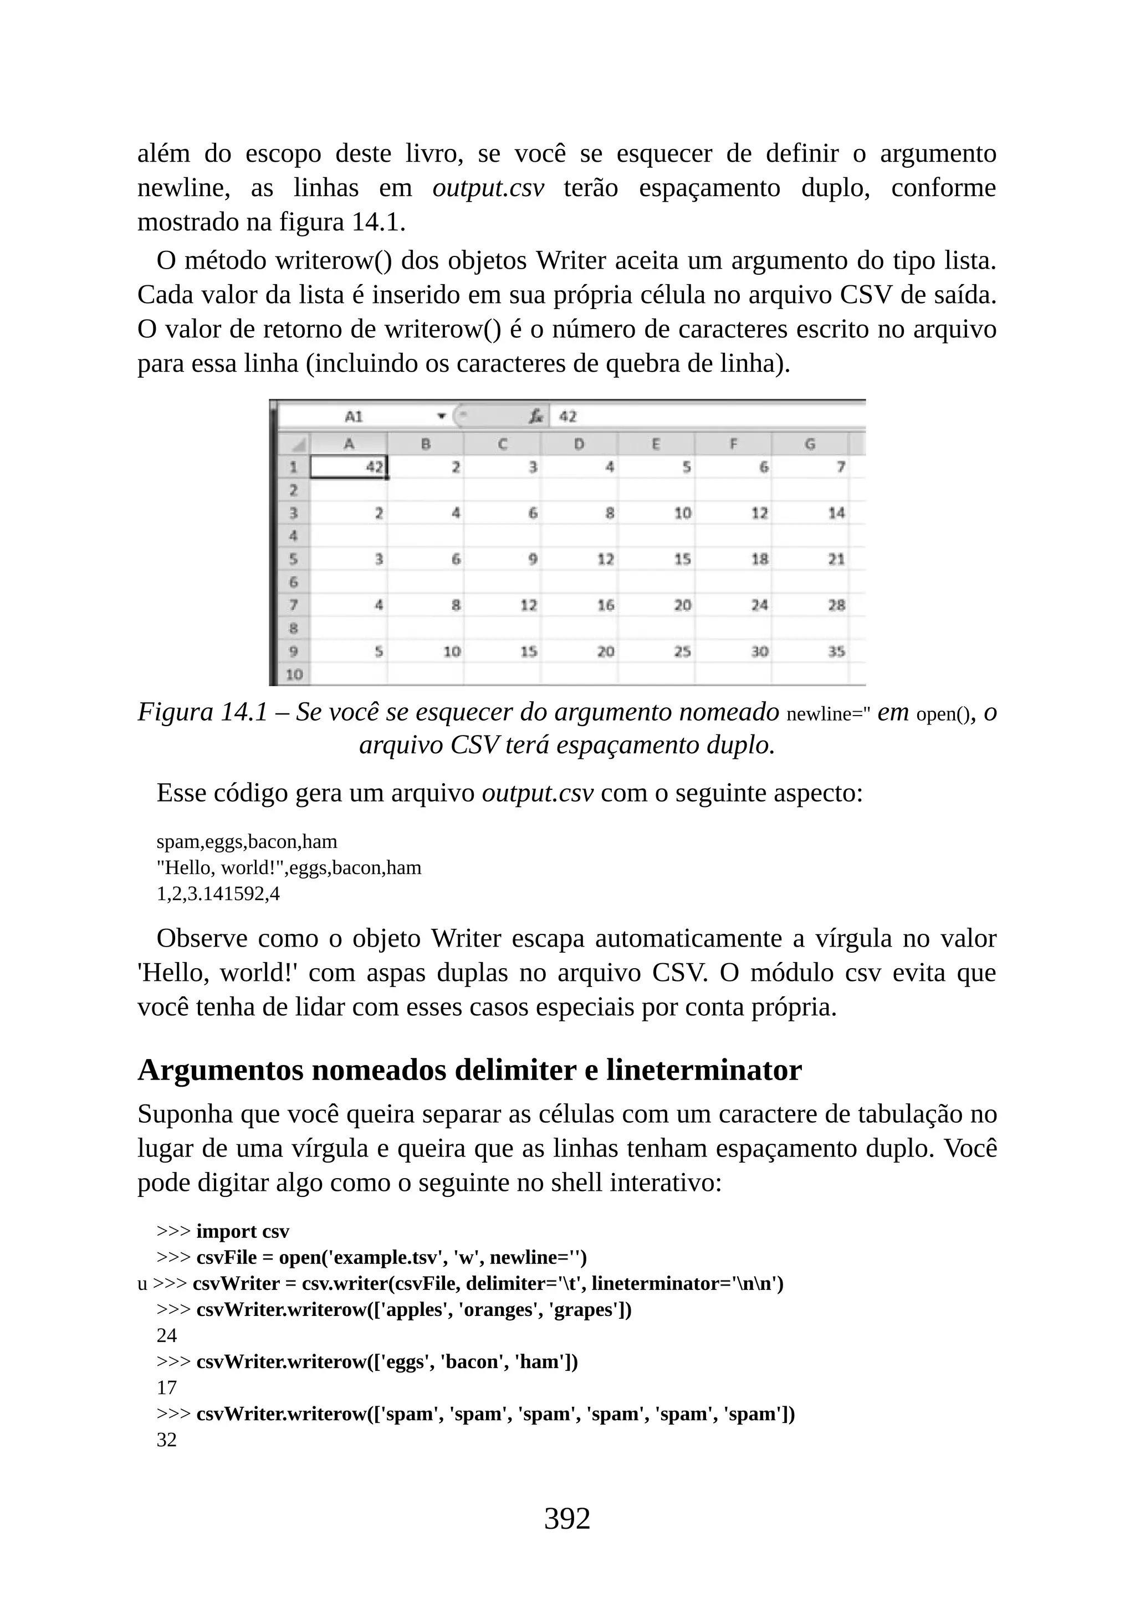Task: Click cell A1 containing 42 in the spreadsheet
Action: pyautogui.click(x=348, y=467)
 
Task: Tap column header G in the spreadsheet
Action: pyautogui.click(x=810, y=444)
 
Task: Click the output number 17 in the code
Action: pyautogui.click(x=166, y=1387)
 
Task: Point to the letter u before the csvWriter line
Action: pyautogui.click(x=142, y=1284)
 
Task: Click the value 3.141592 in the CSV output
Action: pyautogui.click(x=225, y=893)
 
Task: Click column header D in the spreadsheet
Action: pyautogui.click(x=579, y=444)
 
